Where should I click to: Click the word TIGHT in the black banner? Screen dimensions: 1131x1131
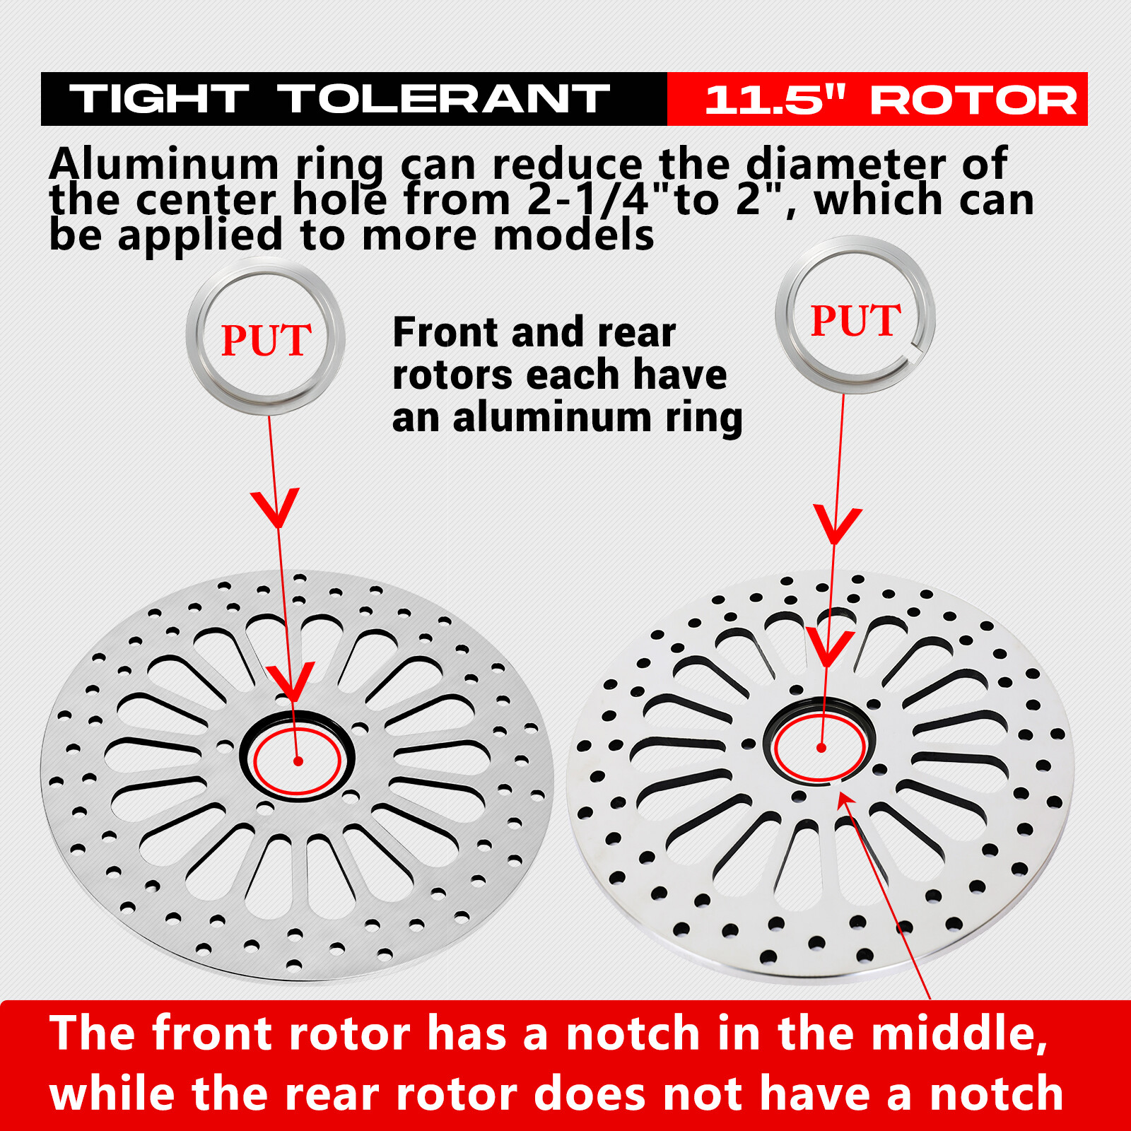pyautogui.click(x=159, y=99)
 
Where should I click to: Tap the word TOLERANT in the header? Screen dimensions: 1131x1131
pyautogui.click(x=443, y=99)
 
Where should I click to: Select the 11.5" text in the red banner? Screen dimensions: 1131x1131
pyautogui.click(x=775, y=100)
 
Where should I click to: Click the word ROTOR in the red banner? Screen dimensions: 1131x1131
pyautogui.click(x=973, y=100)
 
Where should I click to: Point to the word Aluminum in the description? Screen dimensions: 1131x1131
pyautogui.click(x=164, y=164)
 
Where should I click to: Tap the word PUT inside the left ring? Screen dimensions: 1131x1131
pyautogui.click(x=266, y=340)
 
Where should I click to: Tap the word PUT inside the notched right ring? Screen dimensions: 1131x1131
pyautogui.click(x=855, y=320)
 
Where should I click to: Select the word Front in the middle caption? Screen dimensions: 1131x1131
pyautogui.click(x=448, y=332)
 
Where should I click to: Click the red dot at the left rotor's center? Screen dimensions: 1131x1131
pyautogui.click(x=298, y=761)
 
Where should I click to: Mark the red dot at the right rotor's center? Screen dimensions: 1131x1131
pyautogui.click(x=821, y=747)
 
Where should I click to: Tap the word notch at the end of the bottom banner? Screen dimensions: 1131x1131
pyautogui.click(x=997, y=1094)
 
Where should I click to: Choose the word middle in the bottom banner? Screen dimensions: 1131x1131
pyautogui.click(x=959, y=1034)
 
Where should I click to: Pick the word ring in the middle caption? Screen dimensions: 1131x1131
pyautogui.click(x=704, y=418)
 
